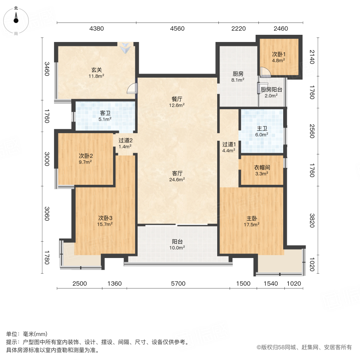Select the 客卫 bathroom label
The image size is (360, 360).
(105, 113)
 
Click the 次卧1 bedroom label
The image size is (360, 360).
(278, 54)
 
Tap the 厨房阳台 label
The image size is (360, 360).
(272, 90)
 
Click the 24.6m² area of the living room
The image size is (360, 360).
(178, 180)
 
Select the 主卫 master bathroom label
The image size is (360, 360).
(262, 129)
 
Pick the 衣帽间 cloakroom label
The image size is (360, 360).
(262, 168)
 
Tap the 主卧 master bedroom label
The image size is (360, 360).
(252, 218)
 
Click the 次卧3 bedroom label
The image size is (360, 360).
(105, 218)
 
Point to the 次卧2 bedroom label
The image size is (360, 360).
(86, 156)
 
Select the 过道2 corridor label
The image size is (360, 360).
(125, 140)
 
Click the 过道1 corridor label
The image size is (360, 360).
(229, 144)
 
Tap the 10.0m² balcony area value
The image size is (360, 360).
(178, 248)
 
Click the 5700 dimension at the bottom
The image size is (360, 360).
(178, 284)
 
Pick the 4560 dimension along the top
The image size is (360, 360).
(177, 28)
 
